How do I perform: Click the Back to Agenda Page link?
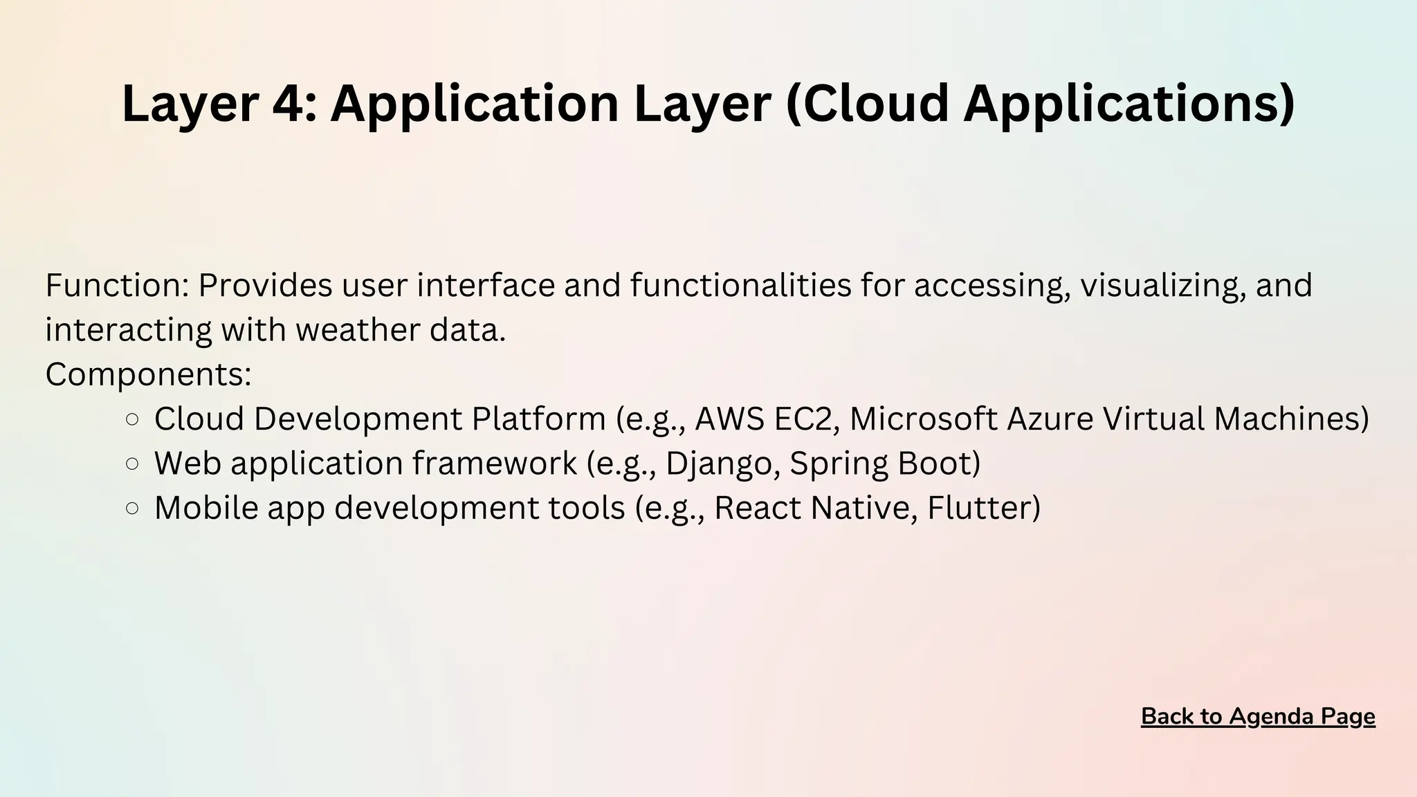click(1258, 717)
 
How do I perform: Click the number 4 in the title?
click(287, 104)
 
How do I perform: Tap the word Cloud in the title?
click(873, 104)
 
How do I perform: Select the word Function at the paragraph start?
click(113, 285)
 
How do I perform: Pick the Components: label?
click(148, 374)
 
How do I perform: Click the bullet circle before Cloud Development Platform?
click(133, 419)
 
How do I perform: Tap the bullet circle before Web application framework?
click(133, 464)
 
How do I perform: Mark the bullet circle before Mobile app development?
click(133, 509)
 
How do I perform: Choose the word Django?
click(717, 464)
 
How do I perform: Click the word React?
click(757, 508)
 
